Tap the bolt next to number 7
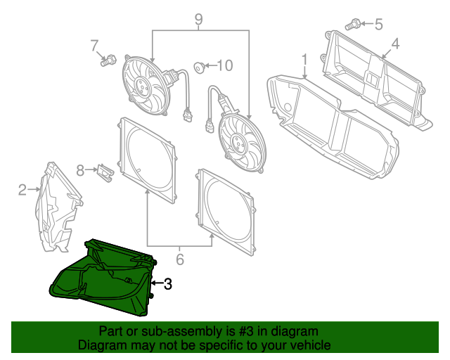point(108,61)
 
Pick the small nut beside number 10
point(200,67)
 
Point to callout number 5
point(378,25)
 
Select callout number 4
point(395,44)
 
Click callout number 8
point(80,170)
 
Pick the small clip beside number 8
point(105,172)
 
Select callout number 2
point(22,189)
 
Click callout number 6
point(179,260)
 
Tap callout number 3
point(167,284)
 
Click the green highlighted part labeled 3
point(105,281)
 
